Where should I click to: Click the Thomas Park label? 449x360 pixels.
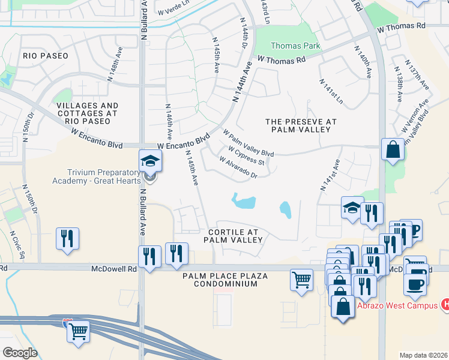[x=295, y=46]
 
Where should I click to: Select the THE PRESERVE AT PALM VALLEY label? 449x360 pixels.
[x=300, y=125]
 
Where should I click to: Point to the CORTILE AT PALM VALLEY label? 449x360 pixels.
[x=233, y=236]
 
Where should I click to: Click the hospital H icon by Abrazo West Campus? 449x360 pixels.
[x=445, y=304]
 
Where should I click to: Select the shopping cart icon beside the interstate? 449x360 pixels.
[x=78, y=331]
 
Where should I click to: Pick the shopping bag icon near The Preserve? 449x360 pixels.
[x=392, y=150]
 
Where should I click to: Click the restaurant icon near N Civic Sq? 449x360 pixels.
[x=67, y=238]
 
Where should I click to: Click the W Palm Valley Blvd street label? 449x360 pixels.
[x=248, y=143]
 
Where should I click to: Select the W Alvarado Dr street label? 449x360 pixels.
[x=238, y=168]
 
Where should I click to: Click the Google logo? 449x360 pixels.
[x=20, y=352]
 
